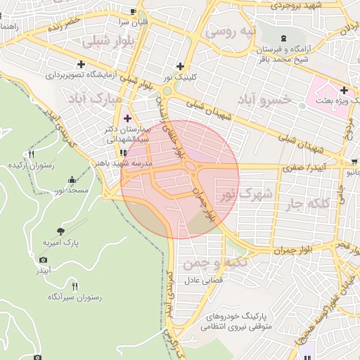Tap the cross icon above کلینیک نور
point(180,65)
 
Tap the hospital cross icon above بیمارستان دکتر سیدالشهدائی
point(127,117)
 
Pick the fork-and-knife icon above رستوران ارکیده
point(31,154)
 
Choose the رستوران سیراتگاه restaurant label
point(75,297)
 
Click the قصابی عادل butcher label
point(203,280)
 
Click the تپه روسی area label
point(227,32)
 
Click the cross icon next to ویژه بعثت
point(343,90)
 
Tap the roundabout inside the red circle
point(190,167)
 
